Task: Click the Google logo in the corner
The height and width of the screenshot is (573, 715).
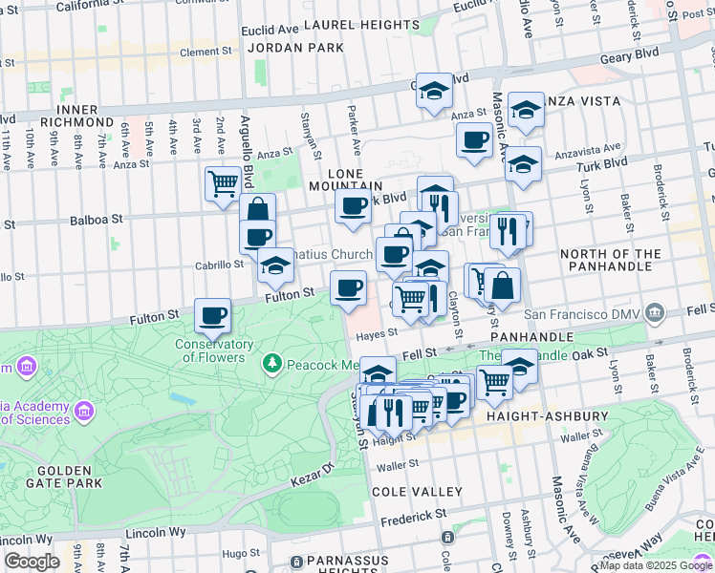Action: pyautogui.click(x=32, y=562)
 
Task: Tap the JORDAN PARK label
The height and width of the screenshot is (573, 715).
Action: pyautogui.click(x=282, y=47)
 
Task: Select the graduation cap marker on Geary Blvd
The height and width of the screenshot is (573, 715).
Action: pyautogui.click(x=434, y=91)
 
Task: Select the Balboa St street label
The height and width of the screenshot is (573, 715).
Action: pyautogui.click(x=97, y=220)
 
